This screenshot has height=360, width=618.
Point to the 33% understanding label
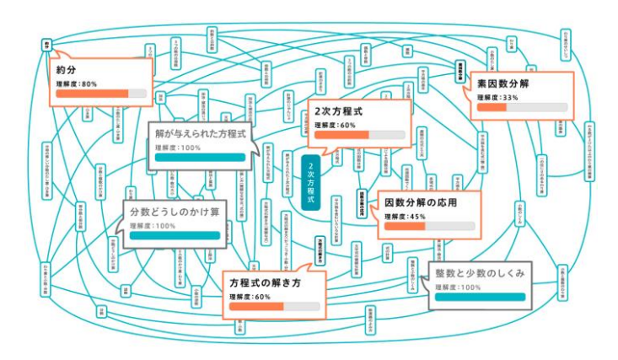click(497, 98)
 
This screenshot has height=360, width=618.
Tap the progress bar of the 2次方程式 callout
click(357, 135)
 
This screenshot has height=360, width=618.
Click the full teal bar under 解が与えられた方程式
click(200, 157)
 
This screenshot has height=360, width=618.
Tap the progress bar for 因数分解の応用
click(427, 226)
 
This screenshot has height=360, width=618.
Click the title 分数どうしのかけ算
click(175, 212)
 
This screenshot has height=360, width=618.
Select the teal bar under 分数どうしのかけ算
click(175, 236)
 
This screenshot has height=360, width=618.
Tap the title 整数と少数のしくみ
click(480, 273)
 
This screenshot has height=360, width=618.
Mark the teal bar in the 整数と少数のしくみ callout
click(480, 298)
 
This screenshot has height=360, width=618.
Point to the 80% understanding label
click(77, 84)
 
